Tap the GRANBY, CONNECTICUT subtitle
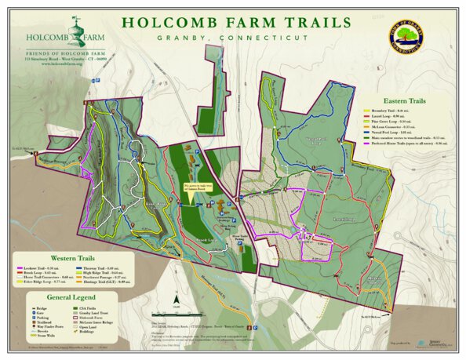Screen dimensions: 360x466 (233, 37)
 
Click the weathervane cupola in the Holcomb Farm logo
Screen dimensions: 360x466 (76, 24)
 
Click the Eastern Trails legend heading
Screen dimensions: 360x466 (405, 101)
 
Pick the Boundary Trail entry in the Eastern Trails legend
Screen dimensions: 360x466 (392, 111)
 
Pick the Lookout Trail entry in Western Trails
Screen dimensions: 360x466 (36, 267)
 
